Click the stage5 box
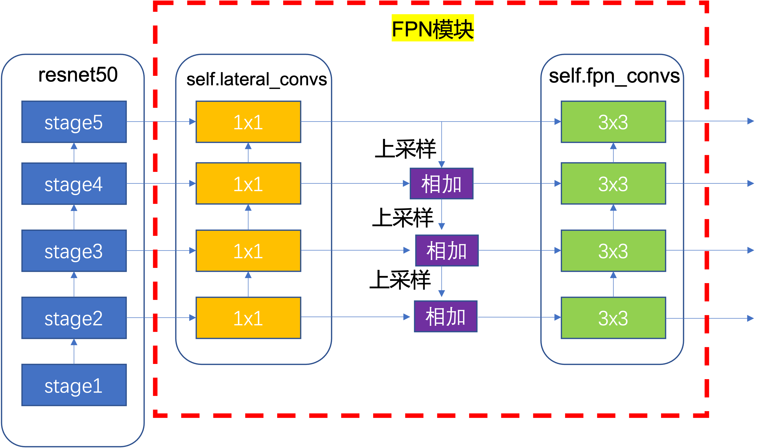[74, 122]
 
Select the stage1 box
[74, 385]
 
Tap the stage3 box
[74, 250]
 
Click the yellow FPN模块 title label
[432, 28]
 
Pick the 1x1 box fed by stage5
[248, 122]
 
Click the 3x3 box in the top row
[613, 122]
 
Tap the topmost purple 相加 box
[441, 183]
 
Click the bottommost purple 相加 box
[445, 316]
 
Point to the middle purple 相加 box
[447, 250]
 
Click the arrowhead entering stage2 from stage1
[74, 342]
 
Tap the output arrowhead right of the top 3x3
[751, 121]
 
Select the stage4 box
[74, 183]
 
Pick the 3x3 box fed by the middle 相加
[613, 250]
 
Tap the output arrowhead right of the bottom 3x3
[751, 318]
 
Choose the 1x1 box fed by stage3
[248, 250]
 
